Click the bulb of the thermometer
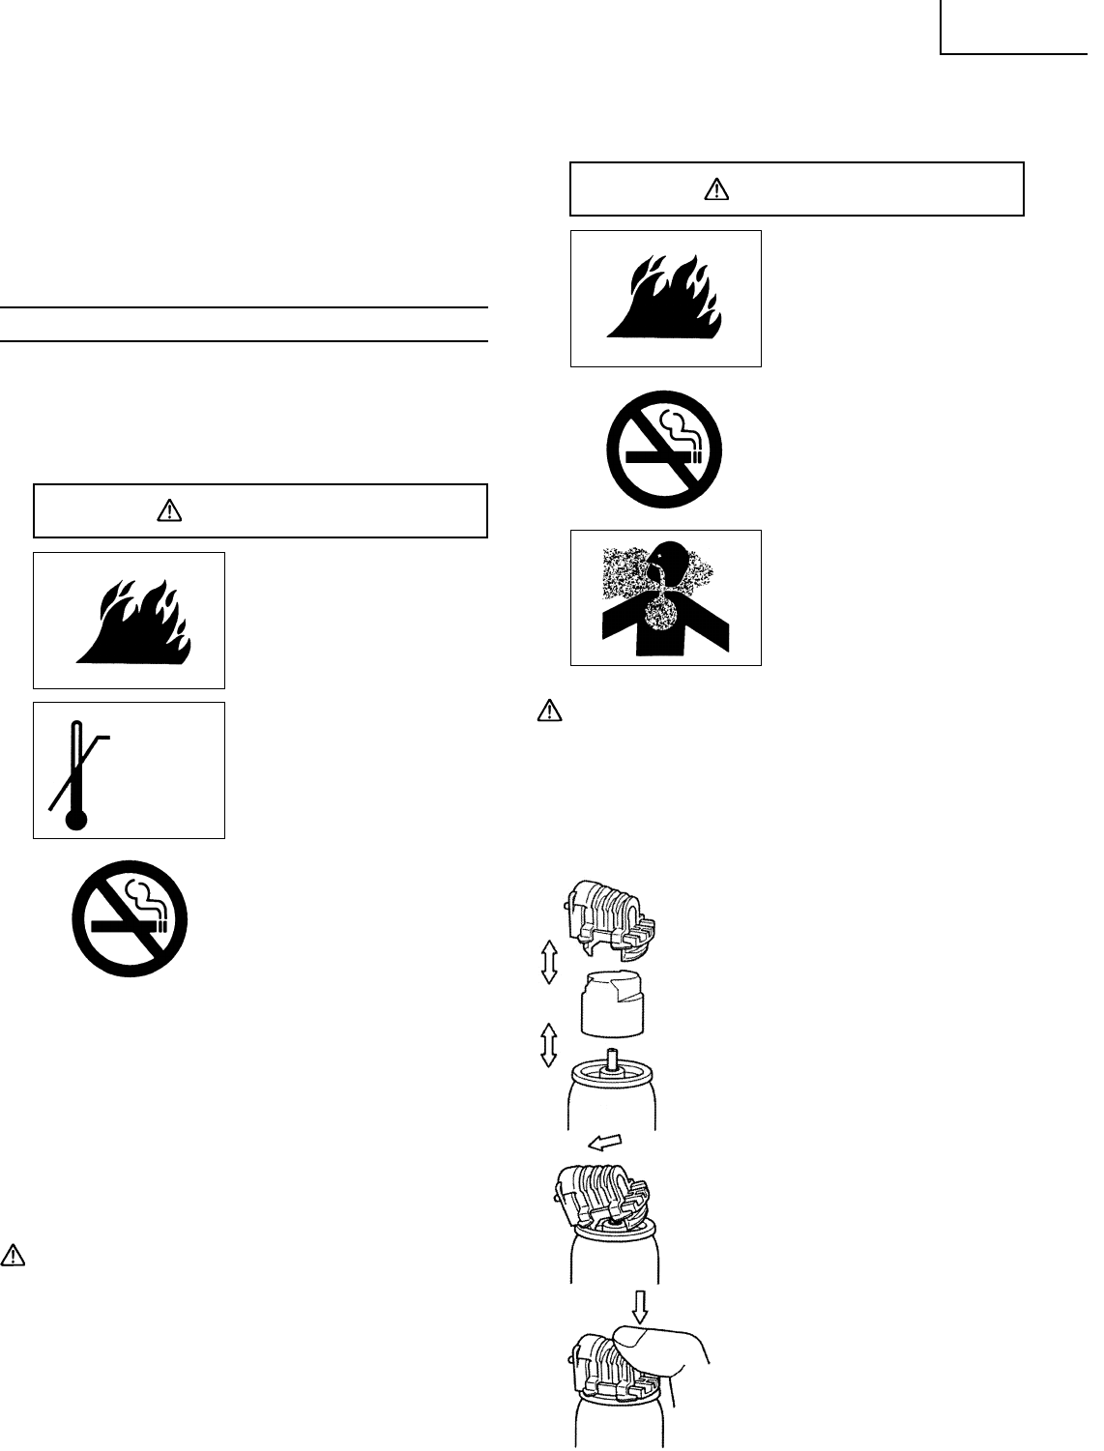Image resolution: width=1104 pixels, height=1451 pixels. click(75, 820)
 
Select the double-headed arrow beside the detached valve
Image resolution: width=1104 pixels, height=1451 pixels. click(549, 964)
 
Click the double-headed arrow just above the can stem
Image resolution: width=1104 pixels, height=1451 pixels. click(548, 1045)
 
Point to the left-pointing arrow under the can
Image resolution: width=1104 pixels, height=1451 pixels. click(604, 1143)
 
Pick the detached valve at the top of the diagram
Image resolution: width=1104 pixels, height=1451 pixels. click(611, 917)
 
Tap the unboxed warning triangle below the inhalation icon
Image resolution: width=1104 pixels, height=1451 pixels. click(548, 711)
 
